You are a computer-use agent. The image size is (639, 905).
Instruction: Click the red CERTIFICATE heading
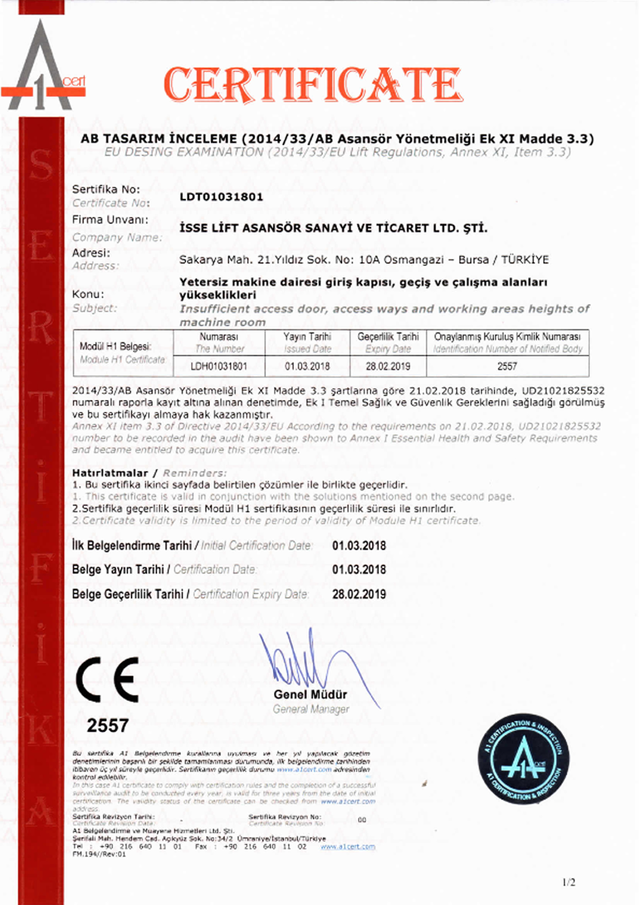(313, 85)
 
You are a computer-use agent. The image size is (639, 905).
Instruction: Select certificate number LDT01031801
(221, 197)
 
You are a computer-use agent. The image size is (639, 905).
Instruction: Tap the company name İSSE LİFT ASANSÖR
(333, 228)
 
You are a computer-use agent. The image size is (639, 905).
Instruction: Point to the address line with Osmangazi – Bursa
(364, 260)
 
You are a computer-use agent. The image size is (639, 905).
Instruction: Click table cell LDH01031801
(219, 366)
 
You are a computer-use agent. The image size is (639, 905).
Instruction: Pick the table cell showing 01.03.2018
(307, 366)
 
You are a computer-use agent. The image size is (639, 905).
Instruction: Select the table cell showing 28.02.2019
(388, 366)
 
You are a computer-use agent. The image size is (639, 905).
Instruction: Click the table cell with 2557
(507, 366)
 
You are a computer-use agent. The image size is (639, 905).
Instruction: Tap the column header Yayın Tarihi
(307, 337)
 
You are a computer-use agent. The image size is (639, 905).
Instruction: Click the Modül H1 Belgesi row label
(115, 346)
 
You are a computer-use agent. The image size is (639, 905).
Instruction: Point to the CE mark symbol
(107, 680)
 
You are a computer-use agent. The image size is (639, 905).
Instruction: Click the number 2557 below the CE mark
(107, 725)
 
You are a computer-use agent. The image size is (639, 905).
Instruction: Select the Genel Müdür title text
(310, 694)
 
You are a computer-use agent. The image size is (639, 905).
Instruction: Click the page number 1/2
(568, 882)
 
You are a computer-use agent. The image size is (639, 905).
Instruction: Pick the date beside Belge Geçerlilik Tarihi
(359, 594)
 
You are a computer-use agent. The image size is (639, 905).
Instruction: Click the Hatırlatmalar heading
(110, 473)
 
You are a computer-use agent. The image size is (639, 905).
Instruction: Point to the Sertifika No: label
(106, 189)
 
